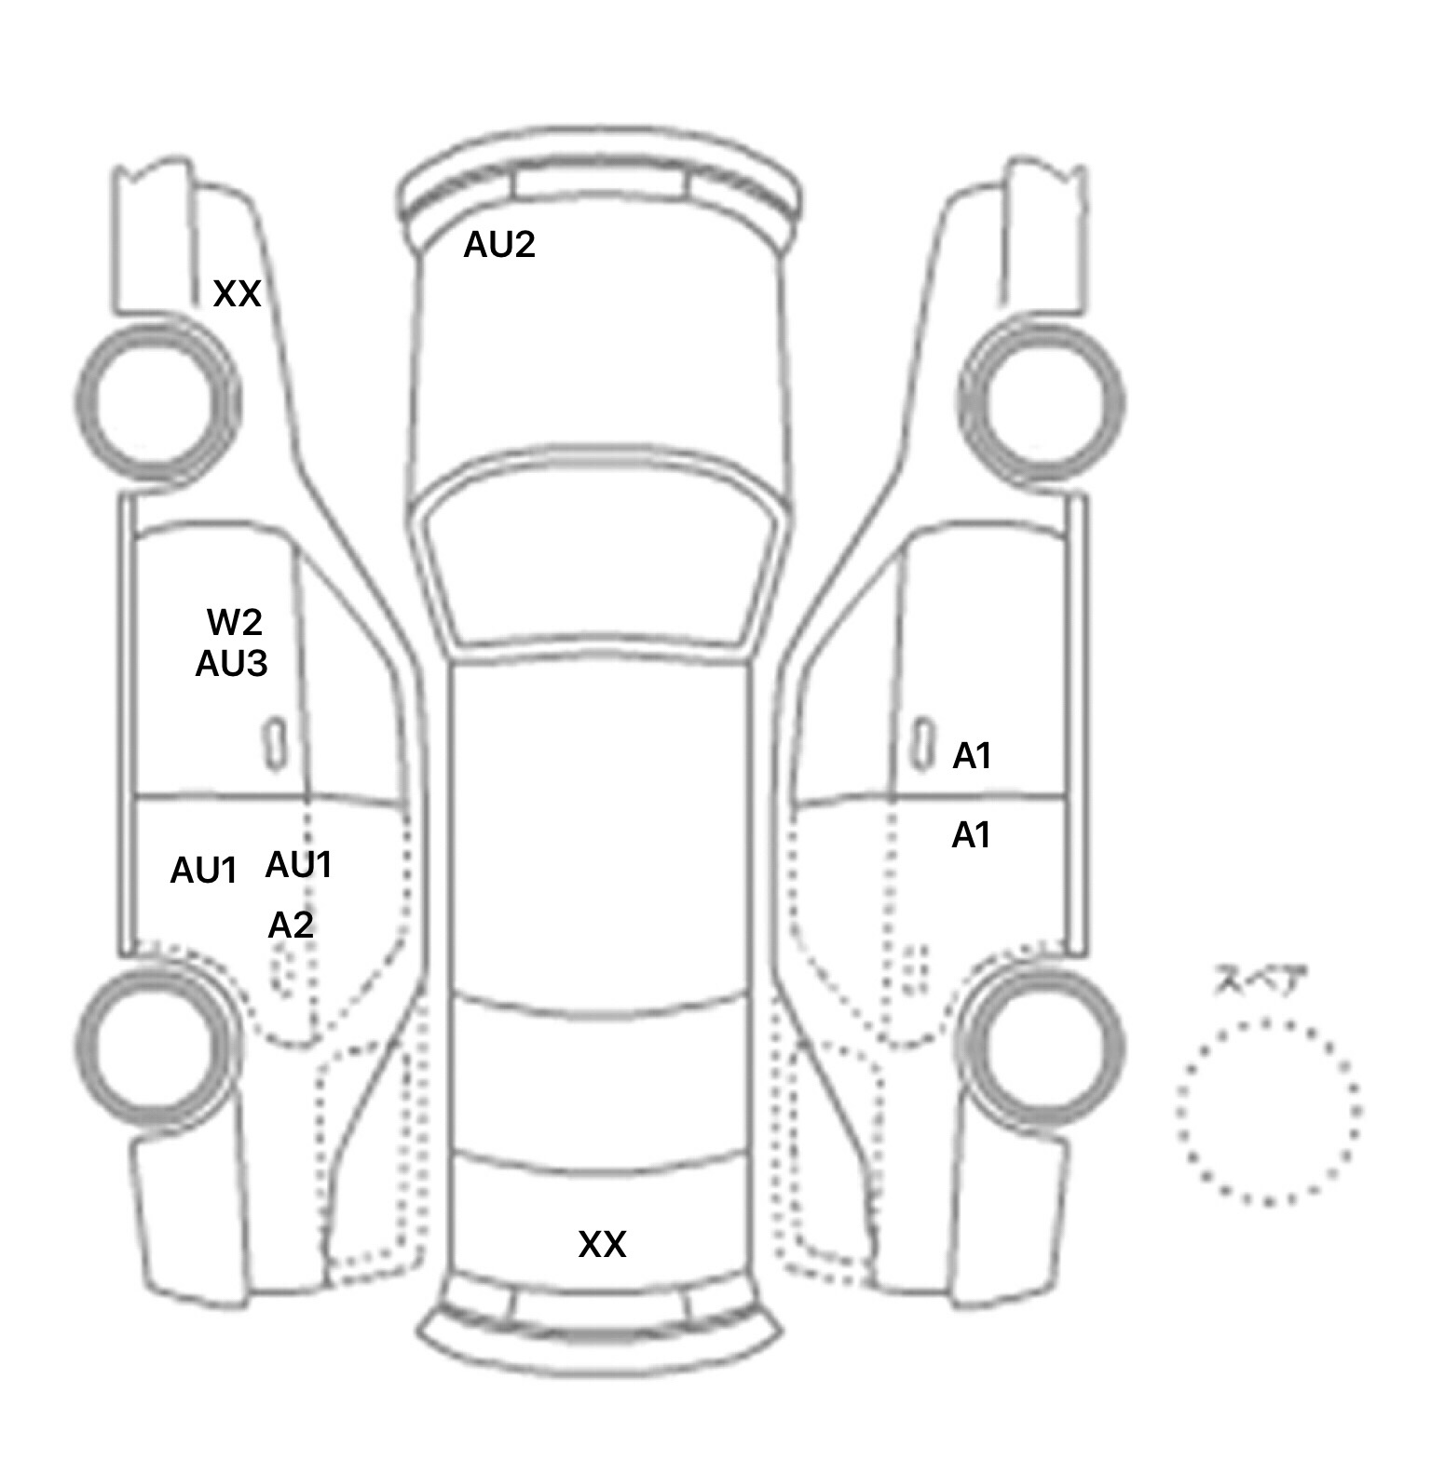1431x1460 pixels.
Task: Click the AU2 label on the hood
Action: pos(499,245)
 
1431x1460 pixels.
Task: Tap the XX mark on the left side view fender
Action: pos(237,294)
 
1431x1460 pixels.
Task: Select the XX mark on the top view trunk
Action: pos(602,1244)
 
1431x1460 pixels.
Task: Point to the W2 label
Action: pos(234,621)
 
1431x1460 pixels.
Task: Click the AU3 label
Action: pos(231,664)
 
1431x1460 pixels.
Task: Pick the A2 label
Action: pos(291,925)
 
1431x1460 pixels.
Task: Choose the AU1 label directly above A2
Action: pos(298,865)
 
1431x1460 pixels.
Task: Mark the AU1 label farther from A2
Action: pos(203,871)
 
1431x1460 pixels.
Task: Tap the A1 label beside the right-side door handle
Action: pos(972,756)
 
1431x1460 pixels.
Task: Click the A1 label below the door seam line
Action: pos(971,835)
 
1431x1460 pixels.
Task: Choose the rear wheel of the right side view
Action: pos(1043,965)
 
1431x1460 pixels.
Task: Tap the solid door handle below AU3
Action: pos(275,744)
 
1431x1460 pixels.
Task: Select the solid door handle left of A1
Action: pos(922,744)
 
